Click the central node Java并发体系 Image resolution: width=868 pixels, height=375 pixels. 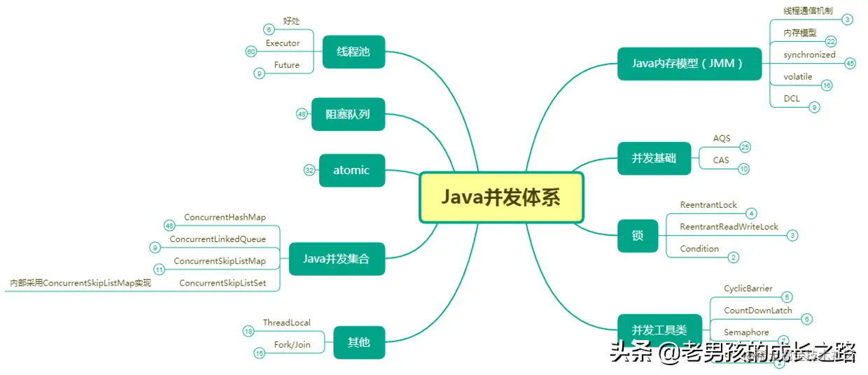click(x=501, y=198)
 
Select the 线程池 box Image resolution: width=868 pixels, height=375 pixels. click(x=353, y=52)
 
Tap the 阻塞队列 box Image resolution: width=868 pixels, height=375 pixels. click(x=348, y=114)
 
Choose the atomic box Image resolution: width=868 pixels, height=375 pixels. click(x=351, y=170)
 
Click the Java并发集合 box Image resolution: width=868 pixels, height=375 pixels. click(x=336, y=259)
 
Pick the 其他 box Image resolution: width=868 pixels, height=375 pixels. click(x=358, y=342)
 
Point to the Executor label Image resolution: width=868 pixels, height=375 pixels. click(x=283, y=43)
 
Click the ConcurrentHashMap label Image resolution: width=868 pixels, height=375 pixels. click(x=225, y=218)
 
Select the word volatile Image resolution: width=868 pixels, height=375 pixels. click(x=798, y=77)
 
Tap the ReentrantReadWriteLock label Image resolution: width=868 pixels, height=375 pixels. click(x=729, y=227)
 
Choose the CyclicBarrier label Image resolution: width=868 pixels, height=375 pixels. click(x=748, y=288)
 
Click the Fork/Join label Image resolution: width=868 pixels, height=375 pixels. click(x=292, y=344)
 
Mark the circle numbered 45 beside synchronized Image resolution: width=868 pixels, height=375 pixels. click(x=850, y=63)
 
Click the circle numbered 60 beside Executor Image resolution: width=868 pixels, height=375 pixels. click(x=251, y=52)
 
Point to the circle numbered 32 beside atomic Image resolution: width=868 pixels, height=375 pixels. click(x=309, y=170)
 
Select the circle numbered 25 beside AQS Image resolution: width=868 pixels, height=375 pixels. click(x=745, y=147)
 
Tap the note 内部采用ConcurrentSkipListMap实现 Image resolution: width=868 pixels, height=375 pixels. click(x=80, y=283)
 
